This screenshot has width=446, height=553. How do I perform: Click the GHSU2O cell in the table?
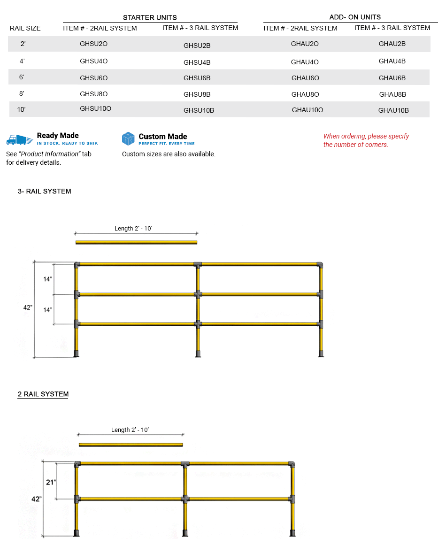pos(94,44)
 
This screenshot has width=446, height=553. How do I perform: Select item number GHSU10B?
pos(199,110)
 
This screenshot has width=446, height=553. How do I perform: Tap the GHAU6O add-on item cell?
pos(305,78)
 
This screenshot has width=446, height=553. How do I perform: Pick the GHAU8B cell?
pos(392,94)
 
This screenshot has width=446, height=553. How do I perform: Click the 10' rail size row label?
pos(21,109)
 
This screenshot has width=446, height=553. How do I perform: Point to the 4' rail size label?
pos(22,61)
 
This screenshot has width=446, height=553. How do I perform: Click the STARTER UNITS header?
pos(150,17)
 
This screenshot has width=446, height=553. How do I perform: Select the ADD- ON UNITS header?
pos(355,17)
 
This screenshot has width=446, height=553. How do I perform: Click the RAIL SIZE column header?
pos(25,28)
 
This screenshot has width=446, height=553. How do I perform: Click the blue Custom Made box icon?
pos(128,138)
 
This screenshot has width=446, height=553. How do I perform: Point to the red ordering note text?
pos(366,140)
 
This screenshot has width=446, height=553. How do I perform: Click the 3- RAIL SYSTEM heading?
pos(44,192)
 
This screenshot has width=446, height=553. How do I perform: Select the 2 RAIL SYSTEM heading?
pos(43,394)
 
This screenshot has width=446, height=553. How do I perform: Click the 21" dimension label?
pos(51,482)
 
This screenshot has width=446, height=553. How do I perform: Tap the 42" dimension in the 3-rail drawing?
pos(28,307)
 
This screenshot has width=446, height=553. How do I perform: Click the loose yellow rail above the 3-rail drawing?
pos(136,242)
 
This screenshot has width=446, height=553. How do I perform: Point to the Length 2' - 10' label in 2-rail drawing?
pos(130,430)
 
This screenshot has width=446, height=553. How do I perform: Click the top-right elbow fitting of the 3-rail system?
pos(320,265)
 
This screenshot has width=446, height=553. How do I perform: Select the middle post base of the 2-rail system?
pos(185,533)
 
